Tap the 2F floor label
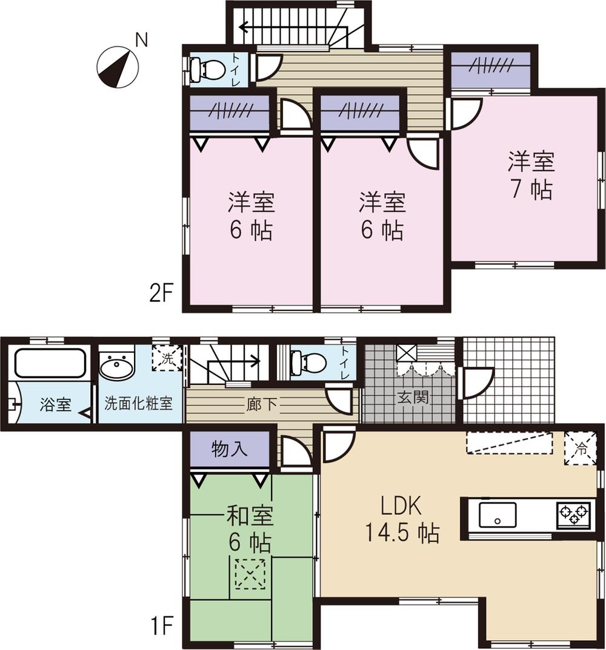[163, 295]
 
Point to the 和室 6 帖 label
[250, 530]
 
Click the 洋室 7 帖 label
[531, 176]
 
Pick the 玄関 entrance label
[413, 398]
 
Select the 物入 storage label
[230, 450]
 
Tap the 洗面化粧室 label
[139, 404]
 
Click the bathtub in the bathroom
[49, 363]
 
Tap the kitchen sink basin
[498, 514]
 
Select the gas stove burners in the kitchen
[573, 514]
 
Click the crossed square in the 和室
[250, 574]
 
